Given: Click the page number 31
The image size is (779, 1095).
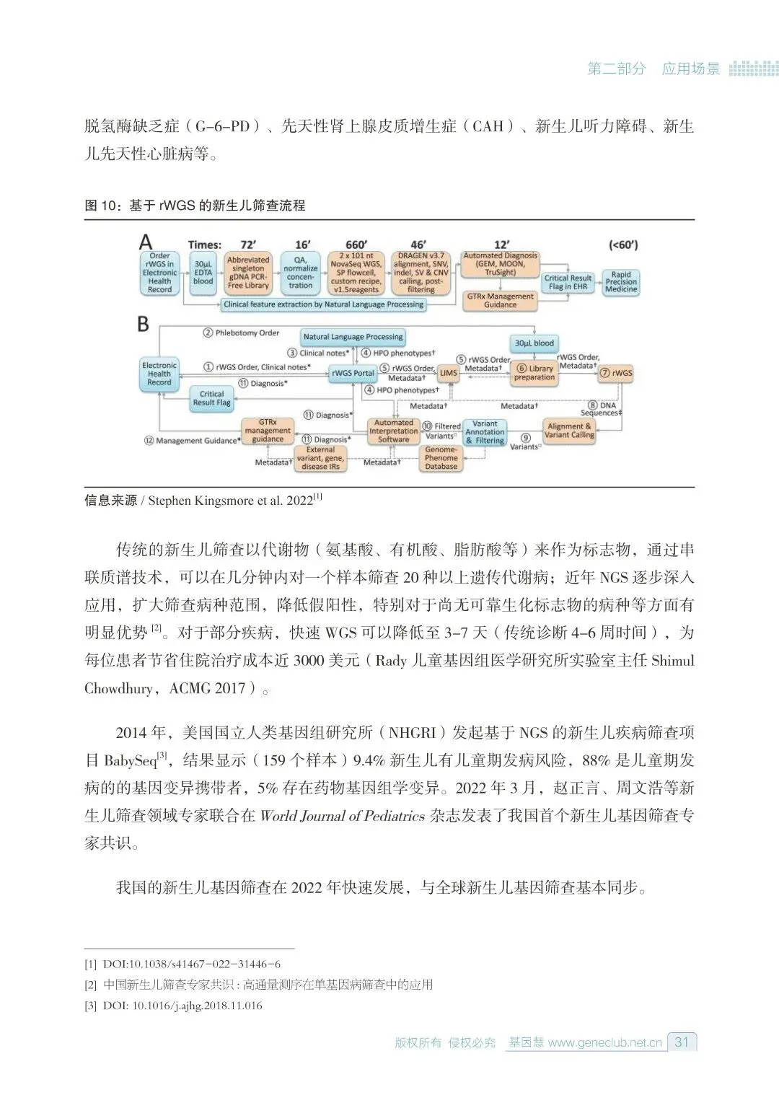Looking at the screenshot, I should pyautogui.click(x=682, y=1042).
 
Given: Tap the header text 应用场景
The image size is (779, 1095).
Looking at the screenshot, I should pyautogui.click(x=691, y=69).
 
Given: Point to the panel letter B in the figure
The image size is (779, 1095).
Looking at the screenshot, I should pyautogui.click(x=144, y=324).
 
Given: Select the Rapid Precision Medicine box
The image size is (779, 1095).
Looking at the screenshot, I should pyautogui.click(x=621, y=282).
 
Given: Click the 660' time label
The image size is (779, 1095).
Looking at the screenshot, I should pyautogui.click(x=356, y=245).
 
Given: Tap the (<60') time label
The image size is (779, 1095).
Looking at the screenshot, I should pyautogui.click(x=623, y=245).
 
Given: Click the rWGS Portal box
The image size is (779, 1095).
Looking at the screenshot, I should pyautogui.click(x=353, y=373).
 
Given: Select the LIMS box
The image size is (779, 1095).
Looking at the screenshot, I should pyautogui.click(x=448, y=373).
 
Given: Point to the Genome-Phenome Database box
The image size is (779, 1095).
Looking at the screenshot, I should pyautogui.click(x=441, y=458).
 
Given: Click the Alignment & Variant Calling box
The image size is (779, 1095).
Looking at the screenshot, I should pyautogui.click(x=569, y=431).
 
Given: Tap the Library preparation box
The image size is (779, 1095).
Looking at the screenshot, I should pyautogui.click(x=534, y=373).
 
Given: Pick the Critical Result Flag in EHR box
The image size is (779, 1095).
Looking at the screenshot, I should pyautogui.click(x=568, y=282).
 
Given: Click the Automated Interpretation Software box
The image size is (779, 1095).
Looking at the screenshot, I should pyautogui.click(x=393, y=431).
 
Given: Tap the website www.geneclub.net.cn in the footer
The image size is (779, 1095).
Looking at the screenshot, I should pyautogui.click(x=604, y=1042).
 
